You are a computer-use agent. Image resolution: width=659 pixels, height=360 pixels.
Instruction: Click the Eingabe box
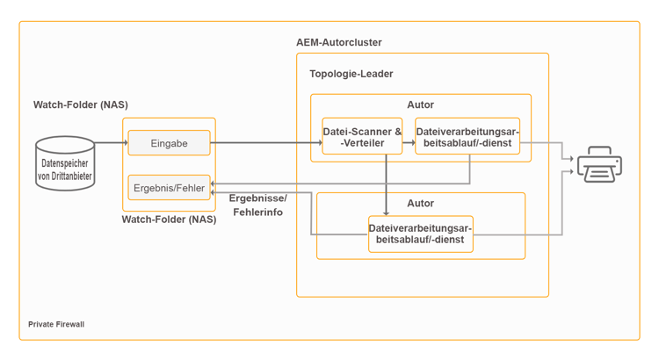click(x=169, y=143)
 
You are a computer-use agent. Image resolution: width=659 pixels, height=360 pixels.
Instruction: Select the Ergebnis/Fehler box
click(x=169, y=187)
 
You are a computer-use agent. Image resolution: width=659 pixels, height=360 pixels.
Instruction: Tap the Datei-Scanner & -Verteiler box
click(x=362, y=137)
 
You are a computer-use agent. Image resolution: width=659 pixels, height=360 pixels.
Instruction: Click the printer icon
click(x=599, y=164)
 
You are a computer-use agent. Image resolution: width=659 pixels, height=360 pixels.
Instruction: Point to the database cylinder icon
click(x=65, y=162)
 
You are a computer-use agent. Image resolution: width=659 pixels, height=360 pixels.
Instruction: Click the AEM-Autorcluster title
click(x=338, y=42)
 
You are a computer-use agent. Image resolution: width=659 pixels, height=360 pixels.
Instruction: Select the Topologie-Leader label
click(x=351, y=74)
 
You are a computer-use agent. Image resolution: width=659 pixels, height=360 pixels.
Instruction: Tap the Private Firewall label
click(x=56, y=324)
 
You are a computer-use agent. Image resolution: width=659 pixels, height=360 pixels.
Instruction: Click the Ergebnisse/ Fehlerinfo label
click(x=257, y=205)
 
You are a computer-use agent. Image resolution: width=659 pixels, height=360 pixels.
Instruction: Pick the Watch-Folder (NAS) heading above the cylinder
click(x=80, y=105)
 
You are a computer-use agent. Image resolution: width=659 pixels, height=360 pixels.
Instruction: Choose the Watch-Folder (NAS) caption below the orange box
click(x=169, y=220)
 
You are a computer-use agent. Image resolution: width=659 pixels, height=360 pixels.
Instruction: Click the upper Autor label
click(x=420, y=105)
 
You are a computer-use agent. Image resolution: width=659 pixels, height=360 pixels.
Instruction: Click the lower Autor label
click(x=420, y=204)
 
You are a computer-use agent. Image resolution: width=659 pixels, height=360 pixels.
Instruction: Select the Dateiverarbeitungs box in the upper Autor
click(x=467, y=137)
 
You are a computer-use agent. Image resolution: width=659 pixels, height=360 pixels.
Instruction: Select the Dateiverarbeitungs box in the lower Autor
click(x=420, y=234)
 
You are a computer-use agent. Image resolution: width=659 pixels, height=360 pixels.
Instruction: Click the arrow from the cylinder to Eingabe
click(x=111, y=142)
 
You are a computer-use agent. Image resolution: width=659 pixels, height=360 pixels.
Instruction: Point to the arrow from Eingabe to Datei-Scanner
click(x=264, y=142)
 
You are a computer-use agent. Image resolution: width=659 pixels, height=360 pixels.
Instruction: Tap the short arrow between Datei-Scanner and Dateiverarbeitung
click(x=409, y=142)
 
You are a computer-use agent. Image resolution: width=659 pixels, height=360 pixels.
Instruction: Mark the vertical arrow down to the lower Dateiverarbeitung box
click(x=387, y=184)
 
